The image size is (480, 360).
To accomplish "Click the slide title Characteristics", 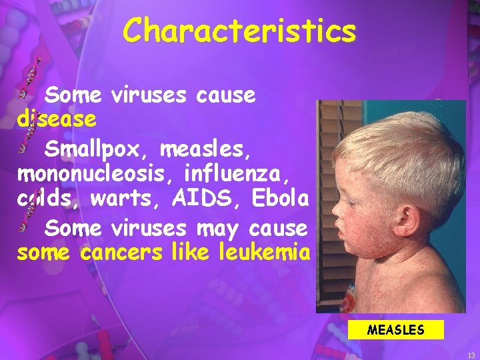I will click(239, 31).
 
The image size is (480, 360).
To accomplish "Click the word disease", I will click(57, 120).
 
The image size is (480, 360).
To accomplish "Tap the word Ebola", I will click(281, 198).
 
